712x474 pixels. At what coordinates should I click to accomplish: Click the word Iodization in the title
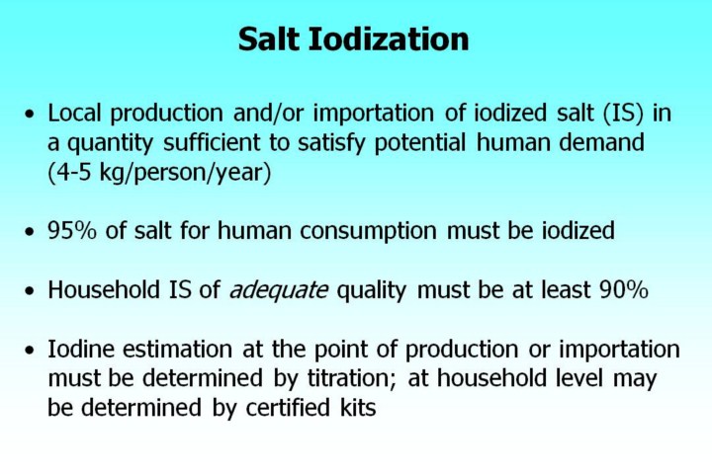click(389, 39)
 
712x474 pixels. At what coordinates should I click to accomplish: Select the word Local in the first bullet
click(74, 113)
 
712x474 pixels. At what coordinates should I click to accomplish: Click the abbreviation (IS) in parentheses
click(623, 114)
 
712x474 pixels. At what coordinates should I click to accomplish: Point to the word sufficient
click(212, 142)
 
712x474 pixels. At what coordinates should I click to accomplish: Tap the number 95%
click(72, 230)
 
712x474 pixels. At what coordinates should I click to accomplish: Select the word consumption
click(368, 231)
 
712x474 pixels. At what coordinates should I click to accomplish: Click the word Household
click(104, 289)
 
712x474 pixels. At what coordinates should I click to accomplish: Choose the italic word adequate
click(278, 290)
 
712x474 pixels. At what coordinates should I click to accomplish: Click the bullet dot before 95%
click(30, 232)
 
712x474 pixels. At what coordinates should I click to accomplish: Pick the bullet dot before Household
click(30, 290)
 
